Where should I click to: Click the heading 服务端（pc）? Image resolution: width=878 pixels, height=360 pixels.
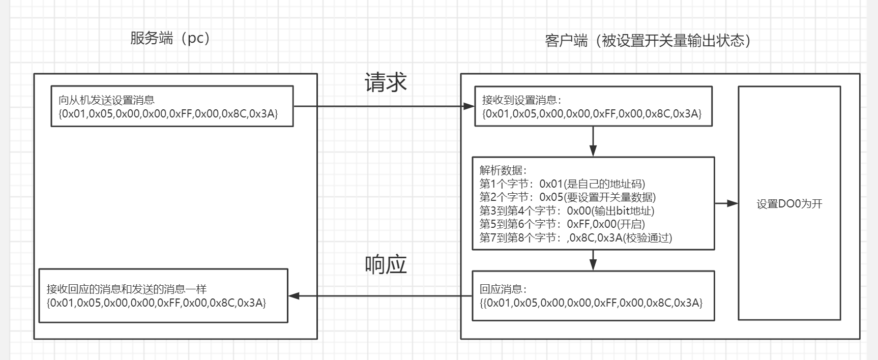coord(170,39)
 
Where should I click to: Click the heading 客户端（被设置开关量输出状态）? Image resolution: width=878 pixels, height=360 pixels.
coord(648,41)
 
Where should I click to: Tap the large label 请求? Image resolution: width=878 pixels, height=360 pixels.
coord(386,82)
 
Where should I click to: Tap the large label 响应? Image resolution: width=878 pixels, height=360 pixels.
coord(386,264)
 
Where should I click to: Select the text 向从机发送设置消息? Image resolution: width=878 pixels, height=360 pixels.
coord(106,100)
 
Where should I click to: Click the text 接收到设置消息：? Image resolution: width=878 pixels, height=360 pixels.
coord(522,100)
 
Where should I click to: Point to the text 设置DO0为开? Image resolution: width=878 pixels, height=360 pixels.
coord(789,204)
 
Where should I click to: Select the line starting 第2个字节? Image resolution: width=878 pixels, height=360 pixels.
coord(567,197)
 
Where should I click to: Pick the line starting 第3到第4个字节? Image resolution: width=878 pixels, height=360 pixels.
coord(567,211)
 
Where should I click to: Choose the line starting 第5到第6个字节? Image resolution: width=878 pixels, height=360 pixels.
coord(562,224)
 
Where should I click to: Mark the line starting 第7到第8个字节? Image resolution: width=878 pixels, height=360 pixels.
coord(575,237)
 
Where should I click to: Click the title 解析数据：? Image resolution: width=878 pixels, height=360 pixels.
coord(503,170)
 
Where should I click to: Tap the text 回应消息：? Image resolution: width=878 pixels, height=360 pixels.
coord(503,289)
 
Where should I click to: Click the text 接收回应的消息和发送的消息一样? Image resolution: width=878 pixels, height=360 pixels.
coord(127,289)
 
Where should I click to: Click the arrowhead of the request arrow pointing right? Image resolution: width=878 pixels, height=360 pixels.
coord(469,106)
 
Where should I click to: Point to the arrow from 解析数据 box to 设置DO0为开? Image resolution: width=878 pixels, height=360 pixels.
coord(726,203)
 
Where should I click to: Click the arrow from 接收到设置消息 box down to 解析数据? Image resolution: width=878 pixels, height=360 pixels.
coord(593,141)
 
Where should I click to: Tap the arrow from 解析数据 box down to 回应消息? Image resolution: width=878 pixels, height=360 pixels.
coord(593,260)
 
